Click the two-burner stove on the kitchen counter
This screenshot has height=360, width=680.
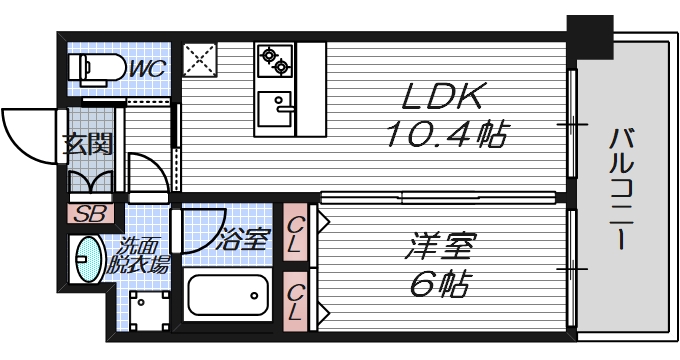pos(273,62)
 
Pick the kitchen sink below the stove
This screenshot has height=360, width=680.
pos(274,103)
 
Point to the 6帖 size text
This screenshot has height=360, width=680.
pos(440,284)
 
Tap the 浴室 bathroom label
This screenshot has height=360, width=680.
pos(244,239)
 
